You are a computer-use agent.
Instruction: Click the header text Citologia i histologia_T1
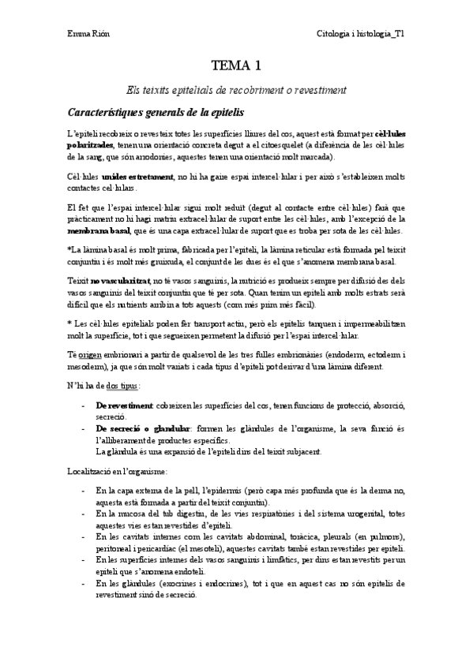point(360,34)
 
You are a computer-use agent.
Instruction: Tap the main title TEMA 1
point(236,65)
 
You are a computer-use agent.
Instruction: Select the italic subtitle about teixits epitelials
point(236,90)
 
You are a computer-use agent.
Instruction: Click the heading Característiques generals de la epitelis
point(156,112)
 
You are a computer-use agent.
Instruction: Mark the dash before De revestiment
point(84,405)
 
